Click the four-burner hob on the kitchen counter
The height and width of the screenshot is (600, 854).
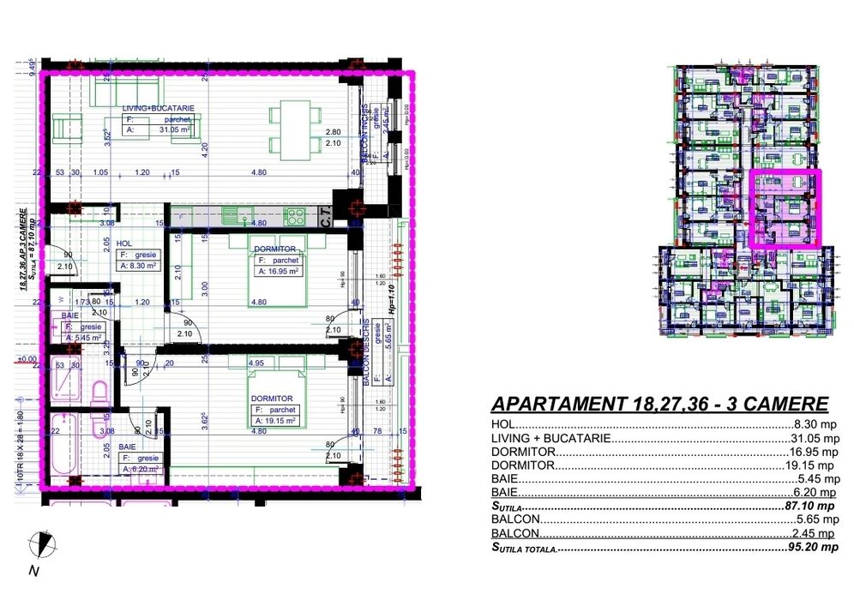(295, 214)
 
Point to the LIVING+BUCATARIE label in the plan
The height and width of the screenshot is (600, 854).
(158, 107)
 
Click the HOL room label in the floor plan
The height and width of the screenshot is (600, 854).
(126, 243)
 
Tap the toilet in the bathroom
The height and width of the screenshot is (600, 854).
(99, 394)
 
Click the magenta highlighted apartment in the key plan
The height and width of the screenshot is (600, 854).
(785, 208)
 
